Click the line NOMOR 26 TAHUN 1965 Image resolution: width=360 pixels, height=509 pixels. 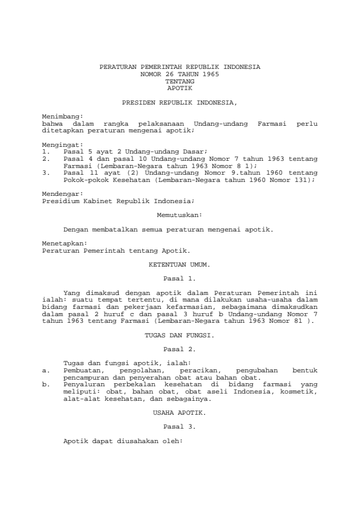point(180,73)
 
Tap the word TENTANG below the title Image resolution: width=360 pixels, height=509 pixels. point(180,80)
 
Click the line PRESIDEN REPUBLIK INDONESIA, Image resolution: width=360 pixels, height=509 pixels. point(180,103)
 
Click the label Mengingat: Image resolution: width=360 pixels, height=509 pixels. point(62,145)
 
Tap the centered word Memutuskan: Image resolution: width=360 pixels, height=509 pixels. point(179,214)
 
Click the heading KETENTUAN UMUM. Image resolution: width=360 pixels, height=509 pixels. point(180,265)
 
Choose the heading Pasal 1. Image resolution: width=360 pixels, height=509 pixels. point(180,279)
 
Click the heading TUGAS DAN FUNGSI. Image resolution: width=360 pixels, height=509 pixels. point(180,334)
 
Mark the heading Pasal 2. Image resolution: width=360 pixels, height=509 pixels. point(180,348)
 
